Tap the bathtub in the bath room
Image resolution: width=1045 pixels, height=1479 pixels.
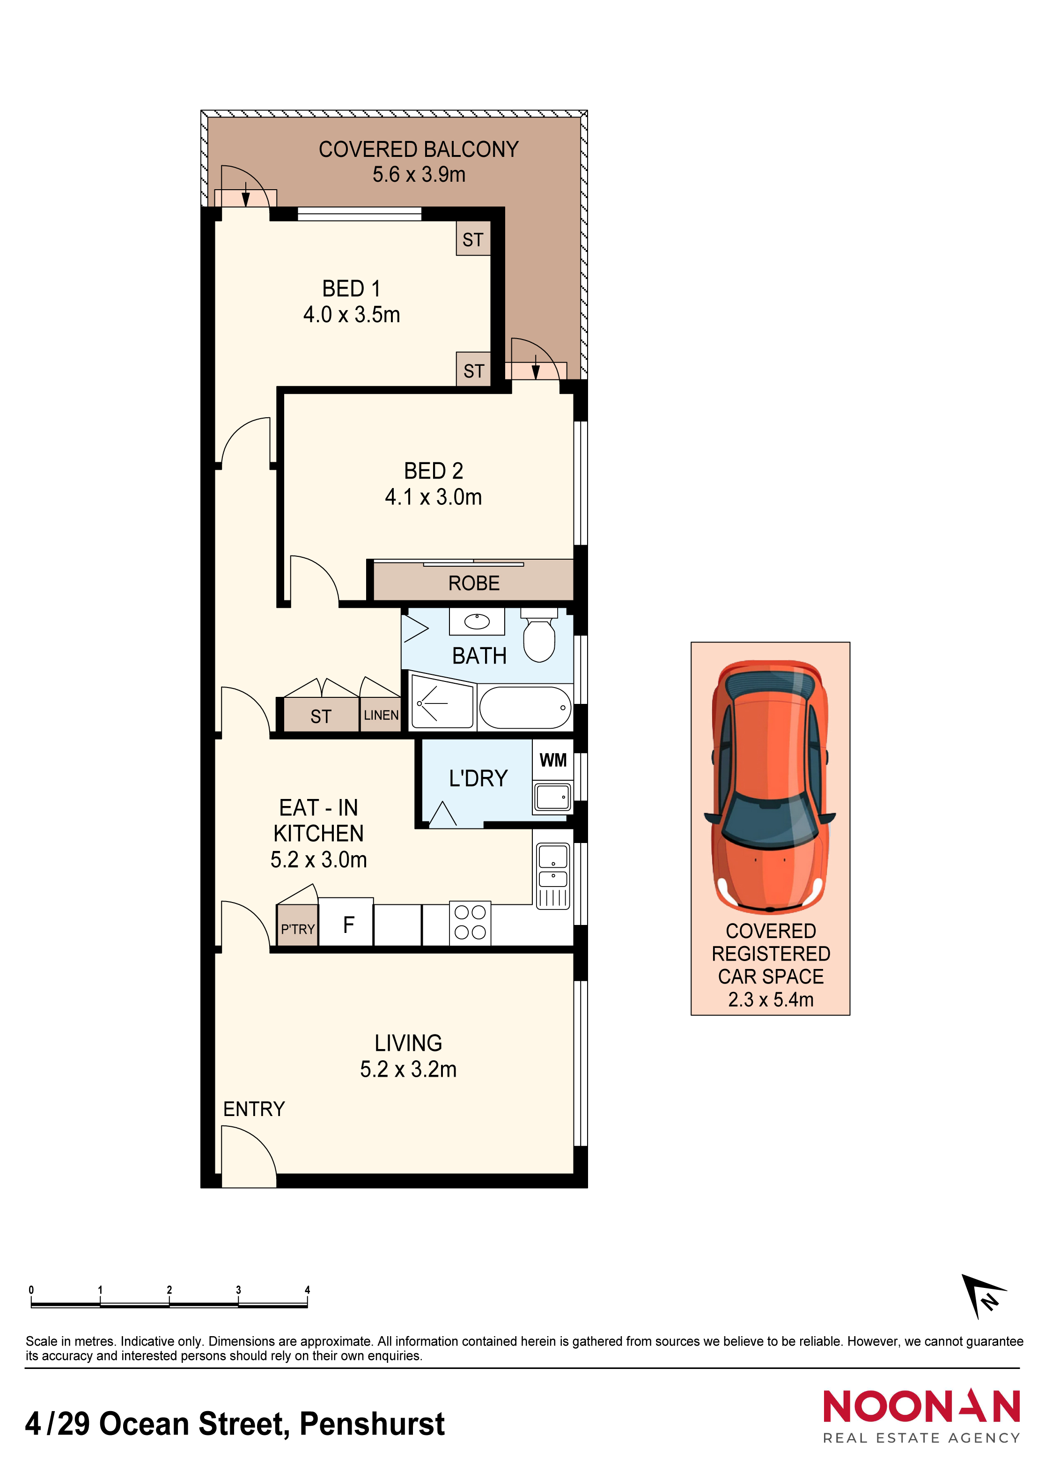point(525,707)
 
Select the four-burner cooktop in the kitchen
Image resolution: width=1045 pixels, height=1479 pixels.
point(470,923)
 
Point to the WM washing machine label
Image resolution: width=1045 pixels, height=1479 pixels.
point(553,760)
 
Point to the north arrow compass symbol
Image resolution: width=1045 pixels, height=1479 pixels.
point(983,1295)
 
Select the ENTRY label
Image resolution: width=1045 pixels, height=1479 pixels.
point(254,1109)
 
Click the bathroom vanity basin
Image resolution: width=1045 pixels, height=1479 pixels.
point(477,621)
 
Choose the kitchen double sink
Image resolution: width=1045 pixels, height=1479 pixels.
point(552,875)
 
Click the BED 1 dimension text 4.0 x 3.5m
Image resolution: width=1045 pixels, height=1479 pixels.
point(352,314)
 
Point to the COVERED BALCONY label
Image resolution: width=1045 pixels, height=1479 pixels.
point(419,149)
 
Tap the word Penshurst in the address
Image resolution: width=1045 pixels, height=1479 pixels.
point(372,1424)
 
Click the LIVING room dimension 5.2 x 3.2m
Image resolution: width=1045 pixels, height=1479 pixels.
point(408,1069)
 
